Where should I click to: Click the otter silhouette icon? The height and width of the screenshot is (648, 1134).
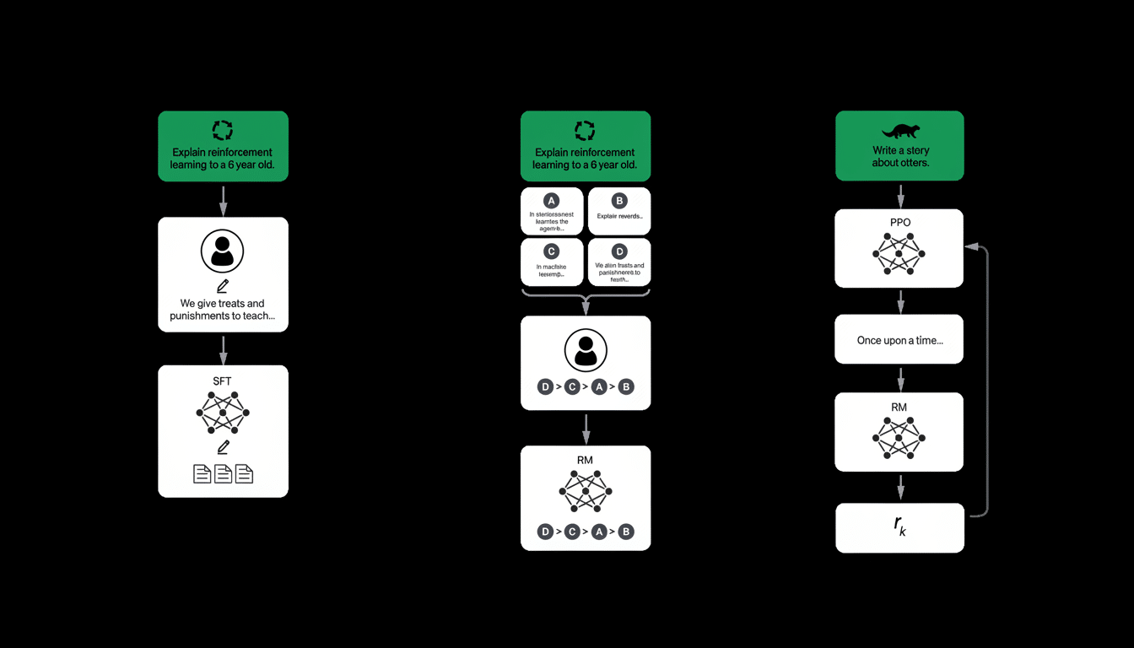click(x=900, y=131)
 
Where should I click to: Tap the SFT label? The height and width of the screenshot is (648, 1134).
click(x=222, y=381)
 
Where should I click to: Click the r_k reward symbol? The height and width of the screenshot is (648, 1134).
click(x=899, y=526)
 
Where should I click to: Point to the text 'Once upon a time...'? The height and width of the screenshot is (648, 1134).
click(x=899, y=340)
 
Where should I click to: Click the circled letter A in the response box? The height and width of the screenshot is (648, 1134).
click(x=551, y=201)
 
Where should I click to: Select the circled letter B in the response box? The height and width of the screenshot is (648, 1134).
click(x=619, y=201)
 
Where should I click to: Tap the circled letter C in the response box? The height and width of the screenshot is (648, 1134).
click(x=551, y=251)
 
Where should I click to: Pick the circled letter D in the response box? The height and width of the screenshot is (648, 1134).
click(x=619, y=251)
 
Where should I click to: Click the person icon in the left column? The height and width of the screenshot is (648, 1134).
click(x=223, y=251)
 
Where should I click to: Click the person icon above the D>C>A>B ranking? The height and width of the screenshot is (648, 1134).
click(x=586, y=349)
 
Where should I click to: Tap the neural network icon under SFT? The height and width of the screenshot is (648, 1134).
click(x=223, y=413)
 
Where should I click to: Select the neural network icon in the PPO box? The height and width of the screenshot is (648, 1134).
click(x=899, y=253)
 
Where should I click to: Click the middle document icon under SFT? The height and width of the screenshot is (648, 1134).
click(x=223, y=473)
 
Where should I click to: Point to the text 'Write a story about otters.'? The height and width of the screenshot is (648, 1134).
click(x=900, y=156)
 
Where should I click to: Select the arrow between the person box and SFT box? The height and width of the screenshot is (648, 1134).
click(x=223, y=348)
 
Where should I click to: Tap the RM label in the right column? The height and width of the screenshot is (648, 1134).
click(x=899, y=408)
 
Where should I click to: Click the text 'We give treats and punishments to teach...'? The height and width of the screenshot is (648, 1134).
click(x=223, y=310)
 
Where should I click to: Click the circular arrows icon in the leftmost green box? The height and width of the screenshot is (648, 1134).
click(x=223, y=129)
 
